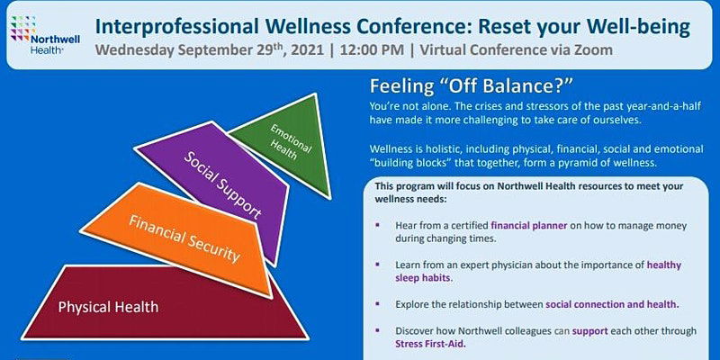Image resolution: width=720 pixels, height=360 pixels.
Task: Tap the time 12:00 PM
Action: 372,49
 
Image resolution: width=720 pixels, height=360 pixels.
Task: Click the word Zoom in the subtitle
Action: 591,49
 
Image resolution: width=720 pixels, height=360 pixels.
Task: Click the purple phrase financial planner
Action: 529,226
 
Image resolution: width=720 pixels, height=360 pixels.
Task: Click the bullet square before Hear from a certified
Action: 377,225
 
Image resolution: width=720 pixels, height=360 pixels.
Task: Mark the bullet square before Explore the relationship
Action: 377,303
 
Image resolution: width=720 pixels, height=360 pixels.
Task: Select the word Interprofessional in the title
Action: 176,28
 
